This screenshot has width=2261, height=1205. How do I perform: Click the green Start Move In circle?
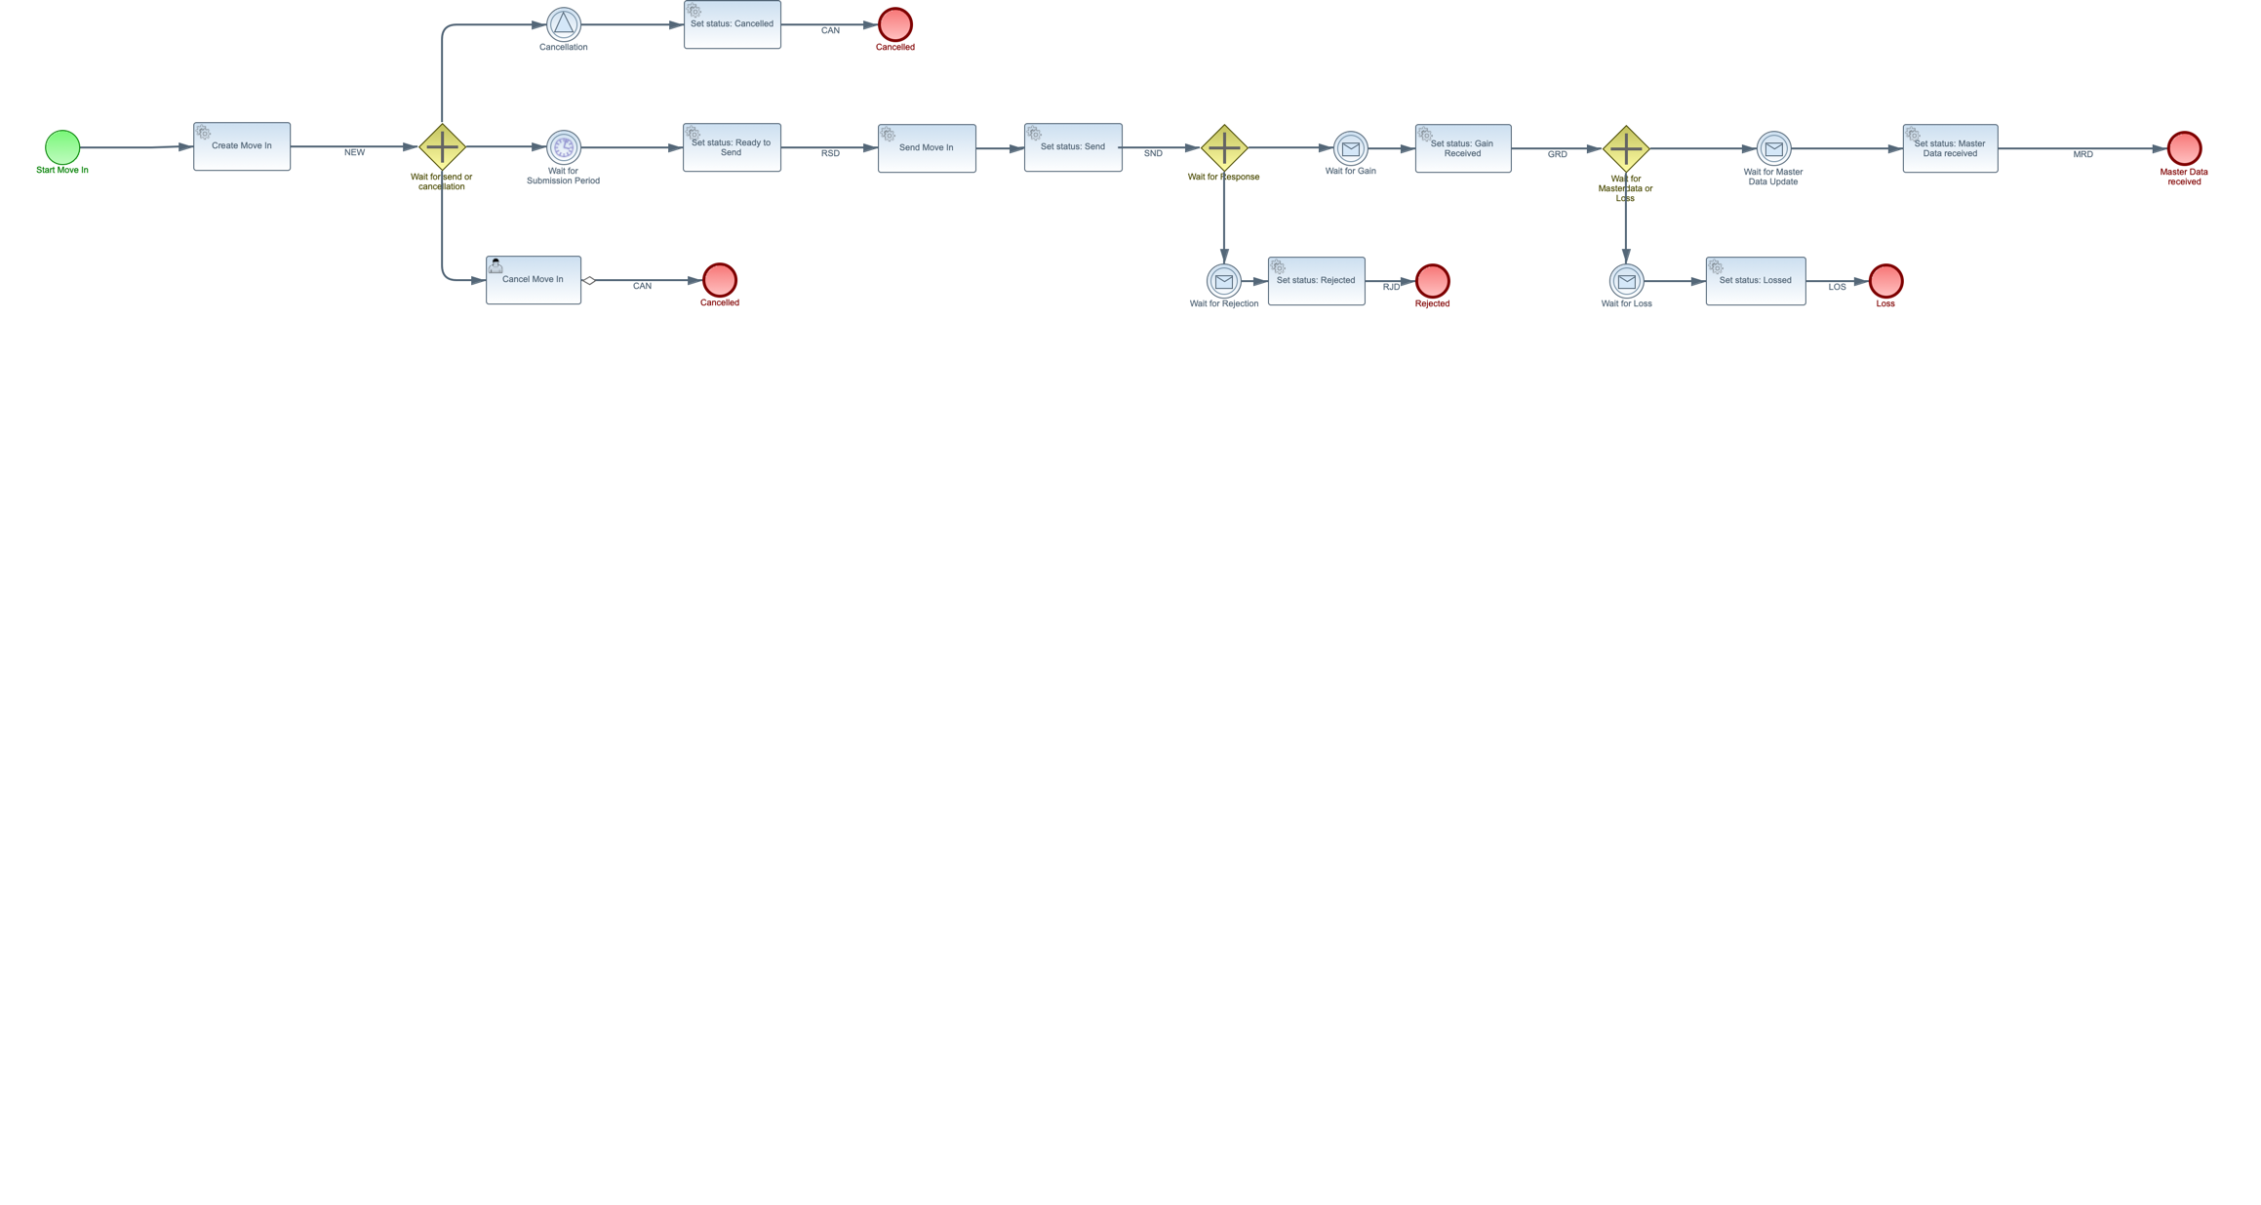pos(62,147)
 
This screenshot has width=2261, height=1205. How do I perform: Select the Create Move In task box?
pos(242,146)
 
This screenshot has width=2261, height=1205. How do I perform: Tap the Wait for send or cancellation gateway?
pos(442,147)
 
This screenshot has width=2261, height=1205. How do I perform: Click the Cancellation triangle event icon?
pos(564,24)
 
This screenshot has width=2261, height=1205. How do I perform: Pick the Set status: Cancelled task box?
pos(733,24)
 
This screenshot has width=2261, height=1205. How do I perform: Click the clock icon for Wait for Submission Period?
pos(564,147)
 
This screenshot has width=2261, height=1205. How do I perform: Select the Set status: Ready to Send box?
pos(732,147)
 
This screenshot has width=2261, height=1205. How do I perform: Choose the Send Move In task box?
pos(927,148)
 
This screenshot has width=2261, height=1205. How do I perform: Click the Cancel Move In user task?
pos(534,280)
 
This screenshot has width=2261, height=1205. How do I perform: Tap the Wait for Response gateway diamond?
pos(1224,148)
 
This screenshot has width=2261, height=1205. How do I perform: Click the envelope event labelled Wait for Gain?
pos(1351,148)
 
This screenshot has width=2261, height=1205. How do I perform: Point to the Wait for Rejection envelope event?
pos(1224,281)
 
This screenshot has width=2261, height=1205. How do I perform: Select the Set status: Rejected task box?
pos(1317,281)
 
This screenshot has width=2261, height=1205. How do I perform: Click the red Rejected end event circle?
pos(1432,281)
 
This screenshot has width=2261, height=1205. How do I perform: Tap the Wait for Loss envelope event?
pos(1626,281)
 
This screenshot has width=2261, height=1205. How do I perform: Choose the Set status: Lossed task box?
pos(1756,281)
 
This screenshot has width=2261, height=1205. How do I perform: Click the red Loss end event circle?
pos(1885,281)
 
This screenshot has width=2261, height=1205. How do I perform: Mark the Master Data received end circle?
pos(2184,148)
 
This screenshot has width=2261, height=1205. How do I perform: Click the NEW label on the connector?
pos(354,153)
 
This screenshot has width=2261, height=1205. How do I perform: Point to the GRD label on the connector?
pos(1557,155)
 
